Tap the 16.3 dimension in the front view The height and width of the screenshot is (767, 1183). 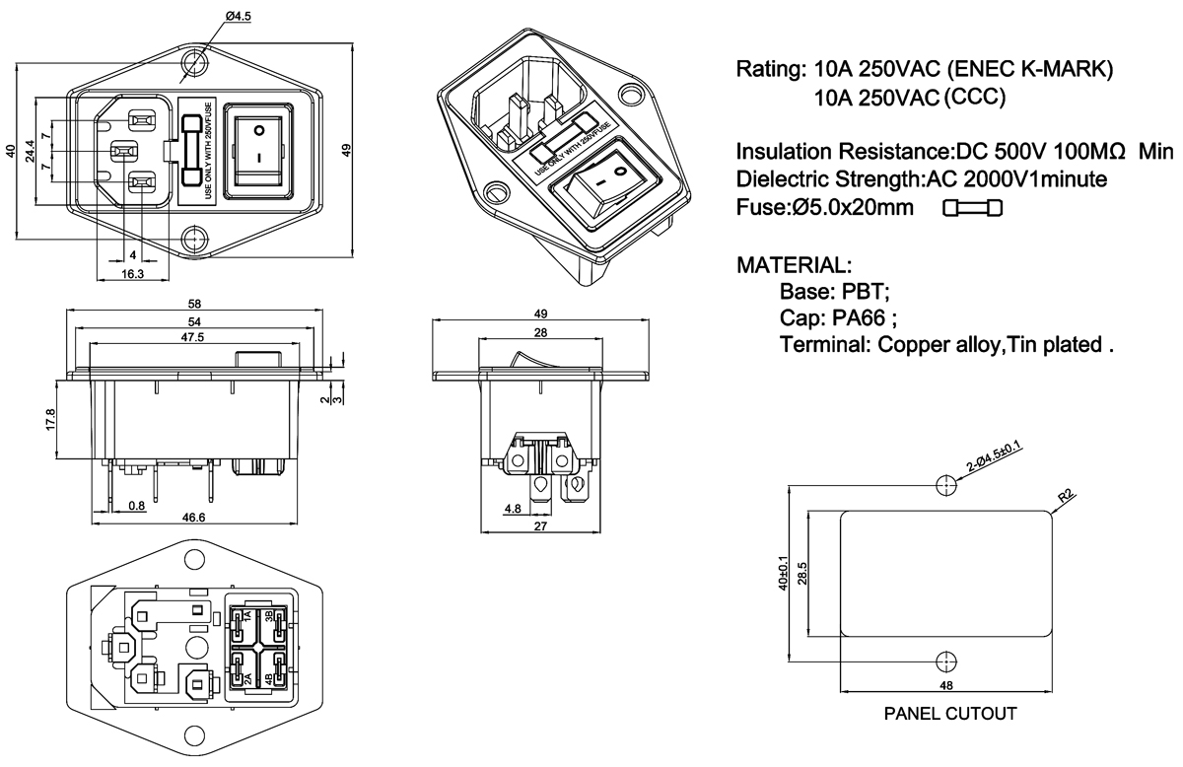(131, 274)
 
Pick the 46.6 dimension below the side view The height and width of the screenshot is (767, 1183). (195, 518)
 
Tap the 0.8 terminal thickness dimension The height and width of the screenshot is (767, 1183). (137, 506)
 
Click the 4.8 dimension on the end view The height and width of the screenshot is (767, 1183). (512, 510)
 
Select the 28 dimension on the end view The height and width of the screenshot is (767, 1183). (540, 332)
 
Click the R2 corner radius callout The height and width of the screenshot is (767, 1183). (1066, 498)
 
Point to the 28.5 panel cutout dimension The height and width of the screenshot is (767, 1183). (801, 572)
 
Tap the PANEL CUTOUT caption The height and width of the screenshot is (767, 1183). (949, 713)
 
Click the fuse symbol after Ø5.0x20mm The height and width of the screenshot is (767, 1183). (972, 208)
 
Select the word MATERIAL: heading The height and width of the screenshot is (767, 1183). (794, 265)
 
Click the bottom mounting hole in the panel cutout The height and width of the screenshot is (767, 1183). (945, 661)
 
